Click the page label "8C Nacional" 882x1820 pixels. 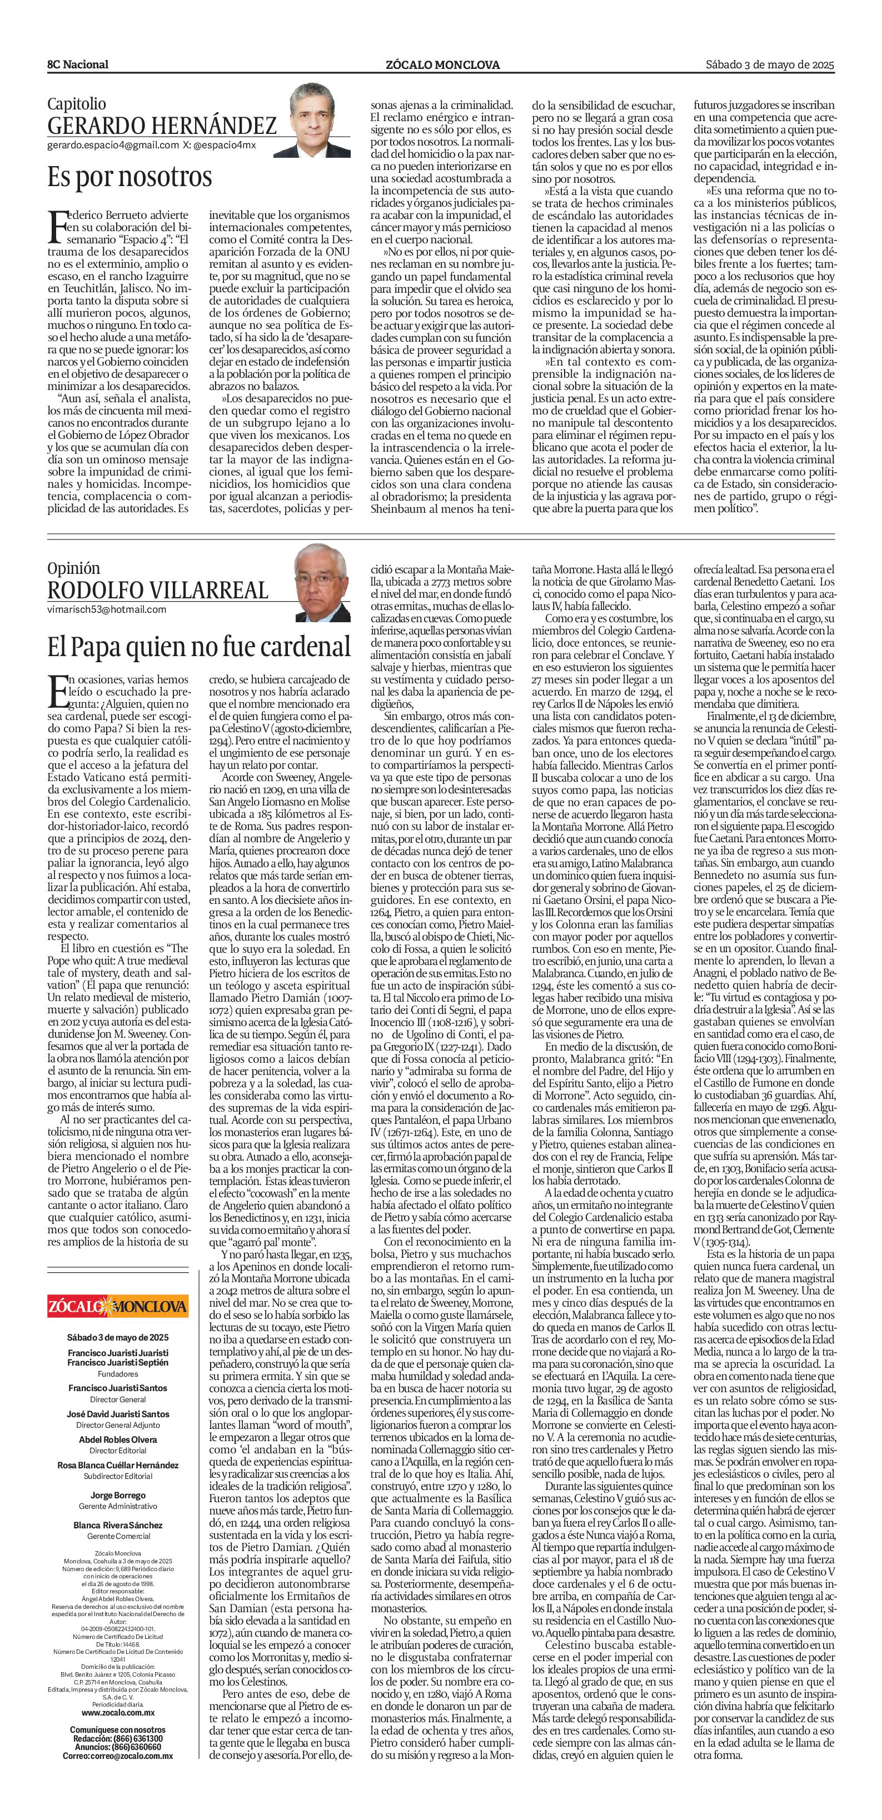[x=78, y=65]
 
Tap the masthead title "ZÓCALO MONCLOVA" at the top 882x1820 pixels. [x=442, y=65]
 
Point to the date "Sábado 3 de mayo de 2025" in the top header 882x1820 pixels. [x=770, y=64]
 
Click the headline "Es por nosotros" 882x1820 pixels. [x=129, y=176]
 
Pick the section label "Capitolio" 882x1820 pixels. [x=76, y=104]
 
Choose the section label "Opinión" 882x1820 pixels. [x=73, y=567]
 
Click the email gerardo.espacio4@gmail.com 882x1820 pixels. [x=113, y=146]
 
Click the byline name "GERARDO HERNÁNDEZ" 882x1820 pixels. [x=162, y=126]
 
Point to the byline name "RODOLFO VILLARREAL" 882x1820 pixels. [x=158, y=590]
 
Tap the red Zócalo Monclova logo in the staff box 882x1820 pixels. [x=118, y=1306]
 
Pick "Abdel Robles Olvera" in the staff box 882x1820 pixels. [x=118, y=1439]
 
